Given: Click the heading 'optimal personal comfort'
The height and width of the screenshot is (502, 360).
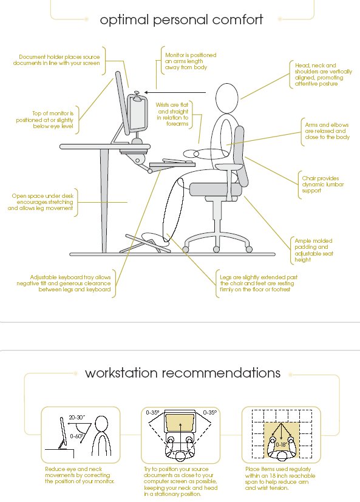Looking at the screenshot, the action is tap(182, 20).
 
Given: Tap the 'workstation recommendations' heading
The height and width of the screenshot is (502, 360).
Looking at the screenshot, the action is tap(183, 373).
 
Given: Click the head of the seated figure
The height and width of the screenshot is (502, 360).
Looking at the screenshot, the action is tap(227, 98).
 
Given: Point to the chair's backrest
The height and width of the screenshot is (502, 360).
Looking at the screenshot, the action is tap(242, 156).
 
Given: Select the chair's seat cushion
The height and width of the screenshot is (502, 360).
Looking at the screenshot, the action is tap(214, 189).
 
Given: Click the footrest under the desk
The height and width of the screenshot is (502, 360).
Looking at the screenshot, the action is tap(144, 243).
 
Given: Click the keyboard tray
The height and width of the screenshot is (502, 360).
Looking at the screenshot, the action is tap(172, 165).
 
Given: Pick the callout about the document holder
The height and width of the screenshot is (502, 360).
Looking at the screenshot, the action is tap(56, 60).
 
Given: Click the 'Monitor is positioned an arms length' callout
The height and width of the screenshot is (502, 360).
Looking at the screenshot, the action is tap(191, 61).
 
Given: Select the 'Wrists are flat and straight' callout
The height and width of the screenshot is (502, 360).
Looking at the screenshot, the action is tap(172, 114).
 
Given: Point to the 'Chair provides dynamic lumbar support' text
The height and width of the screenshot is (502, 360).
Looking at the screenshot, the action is tap(322, 185).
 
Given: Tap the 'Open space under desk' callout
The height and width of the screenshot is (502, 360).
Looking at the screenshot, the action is tap(41, 202).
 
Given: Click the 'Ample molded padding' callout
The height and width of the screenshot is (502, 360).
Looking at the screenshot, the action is tap(314, 250).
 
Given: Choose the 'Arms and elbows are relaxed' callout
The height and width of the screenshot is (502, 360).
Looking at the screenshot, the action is tap(327, 131).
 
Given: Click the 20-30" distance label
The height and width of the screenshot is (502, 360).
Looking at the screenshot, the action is tap(77, 418).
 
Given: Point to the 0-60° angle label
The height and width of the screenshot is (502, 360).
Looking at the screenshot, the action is tap(77, 436).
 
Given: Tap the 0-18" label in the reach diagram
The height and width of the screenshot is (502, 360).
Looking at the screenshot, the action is tap(281, 445).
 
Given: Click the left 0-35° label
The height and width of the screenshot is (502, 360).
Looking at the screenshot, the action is tap(153, 413).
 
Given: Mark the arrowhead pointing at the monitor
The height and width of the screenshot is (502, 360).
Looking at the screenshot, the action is tap(146, 92).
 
